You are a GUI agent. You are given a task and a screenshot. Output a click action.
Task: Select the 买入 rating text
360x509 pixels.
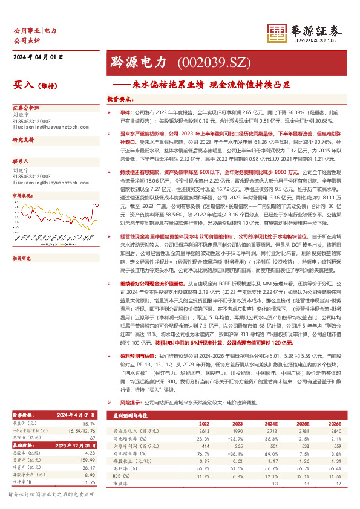pos(24,86)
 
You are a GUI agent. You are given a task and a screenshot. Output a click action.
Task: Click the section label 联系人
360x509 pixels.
pos(22,162)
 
